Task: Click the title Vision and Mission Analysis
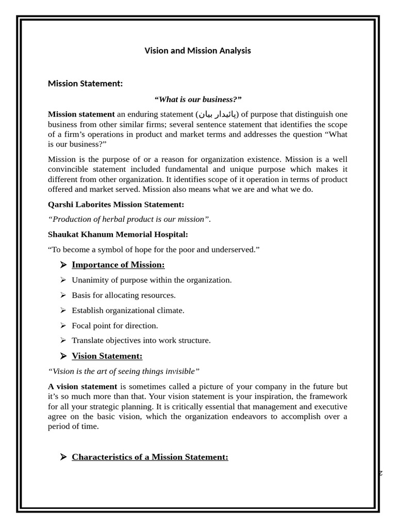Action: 197,51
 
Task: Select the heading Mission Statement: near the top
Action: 85,84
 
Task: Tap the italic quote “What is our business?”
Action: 197,99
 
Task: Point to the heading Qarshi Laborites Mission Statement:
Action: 116,204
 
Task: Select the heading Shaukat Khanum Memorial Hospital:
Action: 118,235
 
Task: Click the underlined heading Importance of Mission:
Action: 118,265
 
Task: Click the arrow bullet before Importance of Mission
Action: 63,265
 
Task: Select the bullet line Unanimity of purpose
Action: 152,280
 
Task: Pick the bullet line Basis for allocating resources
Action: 124,295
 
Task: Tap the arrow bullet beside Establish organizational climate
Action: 63,310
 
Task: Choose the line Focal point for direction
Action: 115,326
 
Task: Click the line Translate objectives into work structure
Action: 141,340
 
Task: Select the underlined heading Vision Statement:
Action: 107,356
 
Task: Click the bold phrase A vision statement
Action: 82,387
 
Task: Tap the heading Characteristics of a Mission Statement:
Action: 150,457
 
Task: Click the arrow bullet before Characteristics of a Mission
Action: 63,457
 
